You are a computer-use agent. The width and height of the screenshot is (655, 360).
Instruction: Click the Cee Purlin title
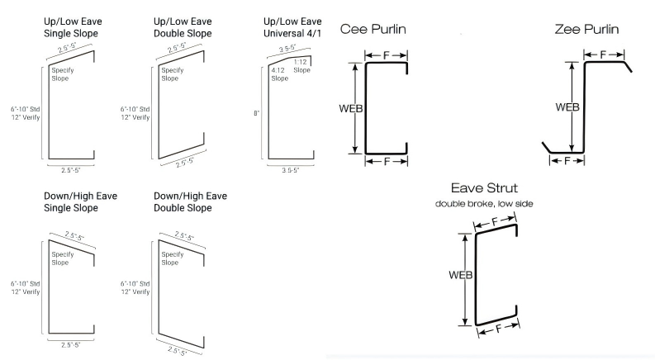(373, 29)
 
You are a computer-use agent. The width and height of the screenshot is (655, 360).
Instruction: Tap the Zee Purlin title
(586, 29)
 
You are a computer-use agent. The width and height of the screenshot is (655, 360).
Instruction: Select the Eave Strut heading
(484, 188)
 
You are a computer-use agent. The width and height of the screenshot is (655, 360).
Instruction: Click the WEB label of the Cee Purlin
(351, 109)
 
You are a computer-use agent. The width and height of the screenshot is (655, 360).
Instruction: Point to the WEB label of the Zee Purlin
(567, 107)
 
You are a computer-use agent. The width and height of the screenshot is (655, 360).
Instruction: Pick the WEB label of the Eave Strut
(461, 275)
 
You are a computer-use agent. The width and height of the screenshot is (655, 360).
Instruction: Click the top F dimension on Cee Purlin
(386, 55)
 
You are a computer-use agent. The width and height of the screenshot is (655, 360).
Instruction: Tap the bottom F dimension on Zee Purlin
(567, 161)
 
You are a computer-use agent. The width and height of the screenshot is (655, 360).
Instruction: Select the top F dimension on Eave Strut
(495, 221)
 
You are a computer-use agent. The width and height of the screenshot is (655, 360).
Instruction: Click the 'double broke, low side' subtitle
(484, 204)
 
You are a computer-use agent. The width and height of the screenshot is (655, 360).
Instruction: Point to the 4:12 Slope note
(279, 74)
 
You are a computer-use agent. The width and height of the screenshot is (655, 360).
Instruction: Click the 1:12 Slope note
(301, 66)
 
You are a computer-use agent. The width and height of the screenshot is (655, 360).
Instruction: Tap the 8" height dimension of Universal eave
(257, 113)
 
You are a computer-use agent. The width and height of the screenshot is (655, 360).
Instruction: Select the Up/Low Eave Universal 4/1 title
(292, 27)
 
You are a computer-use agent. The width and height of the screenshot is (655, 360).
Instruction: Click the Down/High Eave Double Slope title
(190, 201)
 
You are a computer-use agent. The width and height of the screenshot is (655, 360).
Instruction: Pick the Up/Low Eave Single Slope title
(73, 27)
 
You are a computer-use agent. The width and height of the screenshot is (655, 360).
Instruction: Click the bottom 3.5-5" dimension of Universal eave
(291, 170)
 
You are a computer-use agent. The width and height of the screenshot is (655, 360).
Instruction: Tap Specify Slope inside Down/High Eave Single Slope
(63, 258)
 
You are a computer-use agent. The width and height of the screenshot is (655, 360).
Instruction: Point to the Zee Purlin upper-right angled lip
(628, 67)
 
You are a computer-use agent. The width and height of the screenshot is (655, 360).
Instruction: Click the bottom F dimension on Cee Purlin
(386, 161)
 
